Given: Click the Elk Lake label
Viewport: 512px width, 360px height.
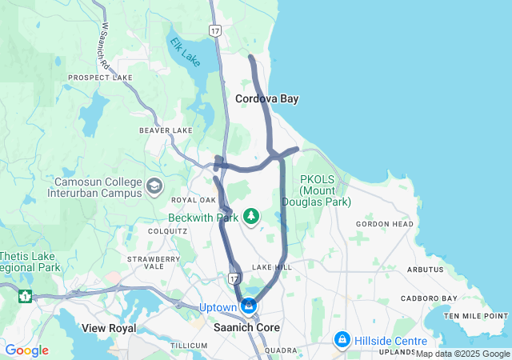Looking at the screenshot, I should [x=186, y=50].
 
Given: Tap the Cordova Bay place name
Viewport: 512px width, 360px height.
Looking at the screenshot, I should [x=266, y=98].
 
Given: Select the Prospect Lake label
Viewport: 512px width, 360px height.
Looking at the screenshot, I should [x=100, y=78].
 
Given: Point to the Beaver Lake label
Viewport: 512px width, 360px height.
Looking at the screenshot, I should [x=166, y=130].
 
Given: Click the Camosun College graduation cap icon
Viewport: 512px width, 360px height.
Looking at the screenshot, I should [x=154, y=186].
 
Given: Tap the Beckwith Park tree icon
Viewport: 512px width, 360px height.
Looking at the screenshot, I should [x=252, y=216].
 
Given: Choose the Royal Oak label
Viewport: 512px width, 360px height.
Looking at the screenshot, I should [x=194, y=200].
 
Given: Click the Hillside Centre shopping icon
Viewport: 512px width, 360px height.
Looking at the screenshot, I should [x=342, y=340].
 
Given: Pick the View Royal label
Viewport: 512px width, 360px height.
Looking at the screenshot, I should [x=109, y=328].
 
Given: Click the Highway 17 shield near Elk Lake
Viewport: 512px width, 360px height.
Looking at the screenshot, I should [x=214, y=30].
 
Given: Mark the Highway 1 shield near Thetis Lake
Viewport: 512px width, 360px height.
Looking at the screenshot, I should [x=26, y=296].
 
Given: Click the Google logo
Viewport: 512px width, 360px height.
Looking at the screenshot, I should [x=26, y=350].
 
